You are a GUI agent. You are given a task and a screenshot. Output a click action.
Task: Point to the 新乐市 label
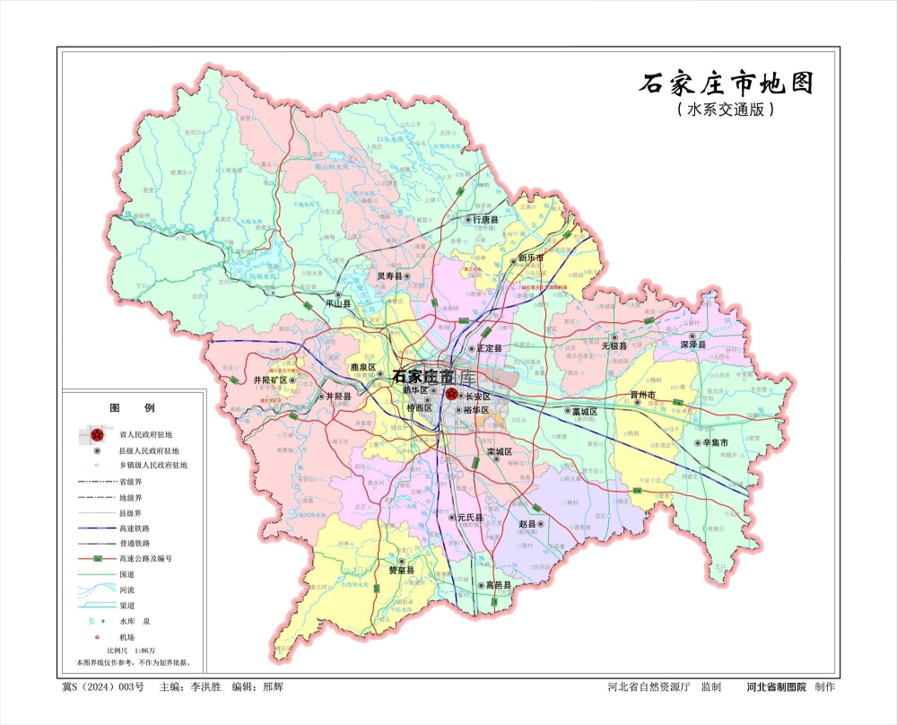pos(531,258)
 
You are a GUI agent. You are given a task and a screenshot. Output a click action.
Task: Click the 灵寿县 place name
pos(388,277)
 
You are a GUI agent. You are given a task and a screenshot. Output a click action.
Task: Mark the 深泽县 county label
pos(693,345)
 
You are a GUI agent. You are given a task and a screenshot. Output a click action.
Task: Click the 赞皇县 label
pos(401,570)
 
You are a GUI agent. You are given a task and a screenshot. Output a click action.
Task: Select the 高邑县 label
pos(496,585)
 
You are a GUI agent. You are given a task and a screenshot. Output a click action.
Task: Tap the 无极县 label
pos(615,345)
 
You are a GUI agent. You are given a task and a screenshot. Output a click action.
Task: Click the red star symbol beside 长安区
pos(451,394)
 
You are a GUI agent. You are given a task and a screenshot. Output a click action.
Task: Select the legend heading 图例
pos(119,407)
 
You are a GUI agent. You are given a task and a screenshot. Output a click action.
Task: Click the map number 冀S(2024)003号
pos(102,687)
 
